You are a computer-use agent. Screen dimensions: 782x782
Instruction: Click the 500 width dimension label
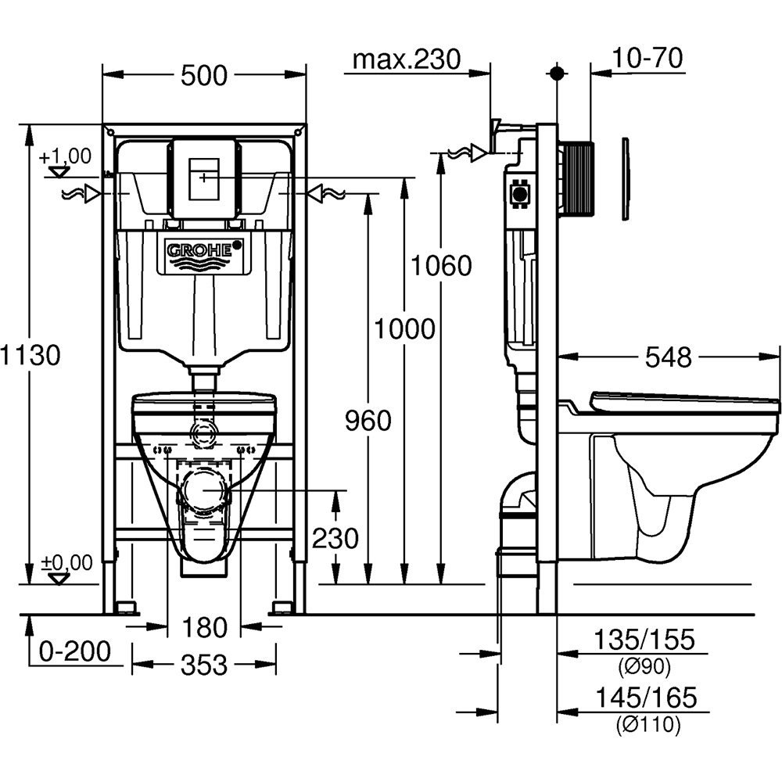[204, 76]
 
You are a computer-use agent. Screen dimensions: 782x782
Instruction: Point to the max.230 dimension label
[406, 59]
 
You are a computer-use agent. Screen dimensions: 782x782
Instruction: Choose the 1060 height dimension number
[443, 266]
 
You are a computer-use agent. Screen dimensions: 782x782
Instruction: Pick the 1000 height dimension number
[404, 329]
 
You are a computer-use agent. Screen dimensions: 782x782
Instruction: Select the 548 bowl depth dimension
[668, 357]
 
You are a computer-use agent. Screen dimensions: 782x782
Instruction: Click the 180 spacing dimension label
[204, 627]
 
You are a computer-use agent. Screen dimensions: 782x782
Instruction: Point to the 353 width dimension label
[204, 665]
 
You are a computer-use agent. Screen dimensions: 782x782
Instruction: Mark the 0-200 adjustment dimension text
[76, 651]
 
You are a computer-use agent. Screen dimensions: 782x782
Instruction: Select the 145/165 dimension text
[645, 697]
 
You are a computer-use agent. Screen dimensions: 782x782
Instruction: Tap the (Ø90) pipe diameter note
[645, 666]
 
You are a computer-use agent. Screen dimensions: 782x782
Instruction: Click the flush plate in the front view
[204, 179]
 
